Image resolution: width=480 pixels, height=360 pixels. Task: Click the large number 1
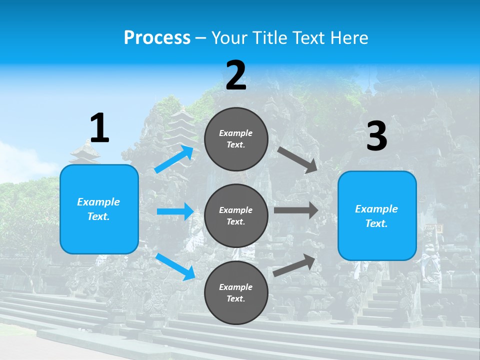(x=99, y=128)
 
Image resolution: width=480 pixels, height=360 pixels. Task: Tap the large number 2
(x=236, y=75)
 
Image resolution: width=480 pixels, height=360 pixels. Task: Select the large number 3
(x=376, y=136)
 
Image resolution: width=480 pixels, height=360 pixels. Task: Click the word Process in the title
(x=157, y=37)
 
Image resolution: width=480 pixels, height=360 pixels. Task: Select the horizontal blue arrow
(x=175, y=211)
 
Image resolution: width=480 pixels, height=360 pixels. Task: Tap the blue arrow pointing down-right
(x=175, y=266)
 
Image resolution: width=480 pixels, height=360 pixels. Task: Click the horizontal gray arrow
(x=295, y=210)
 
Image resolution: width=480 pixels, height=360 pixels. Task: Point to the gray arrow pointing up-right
(x=294, y=265)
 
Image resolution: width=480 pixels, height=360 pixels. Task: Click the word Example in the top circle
(x=236, y=133)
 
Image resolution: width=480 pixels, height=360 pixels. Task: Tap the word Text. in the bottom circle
(x=236, y=298)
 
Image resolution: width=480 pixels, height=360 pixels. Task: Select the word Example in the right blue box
(x=376, y=209)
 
